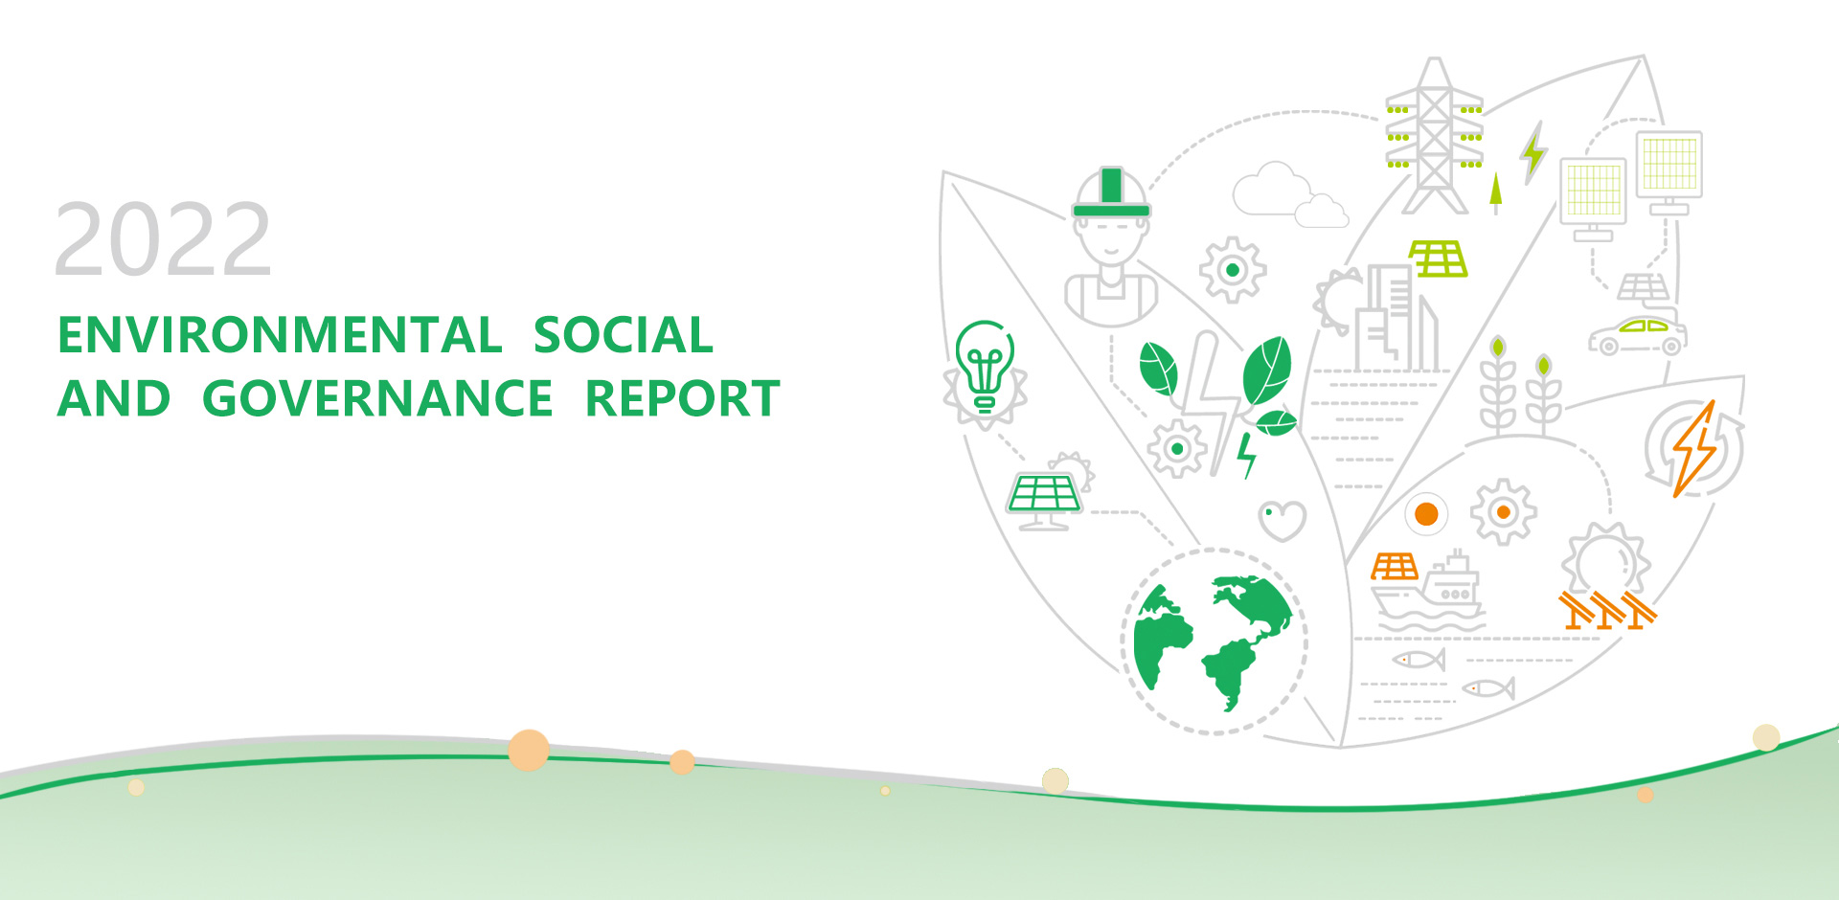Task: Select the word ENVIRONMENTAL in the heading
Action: [280, 335]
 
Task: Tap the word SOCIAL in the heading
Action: [624, 335]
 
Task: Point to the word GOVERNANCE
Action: [377, 398]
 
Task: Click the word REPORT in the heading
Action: [683, 398]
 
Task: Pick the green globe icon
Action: [1213, 641]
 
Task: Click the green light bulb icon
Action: [985, 365]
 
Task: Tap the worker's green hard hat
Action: [1111, 193]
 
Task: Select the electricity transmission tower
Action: [1434, 136]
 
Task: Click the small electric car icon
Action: [1637, 334]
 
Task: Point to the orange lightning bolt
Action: [1694, 449]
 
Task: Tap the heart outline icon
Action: [1282, 520]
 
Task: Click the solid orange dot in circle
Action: [1426, 514]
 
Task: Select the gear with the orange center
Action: [1503, 512]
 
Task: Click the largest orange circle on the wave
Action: [529, 750]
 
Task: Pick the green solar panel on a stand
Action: [1043, 501]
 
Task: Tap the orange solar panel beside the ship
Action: [1395, 567]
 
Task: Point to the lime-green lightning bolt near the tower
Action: [1533, 152]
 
